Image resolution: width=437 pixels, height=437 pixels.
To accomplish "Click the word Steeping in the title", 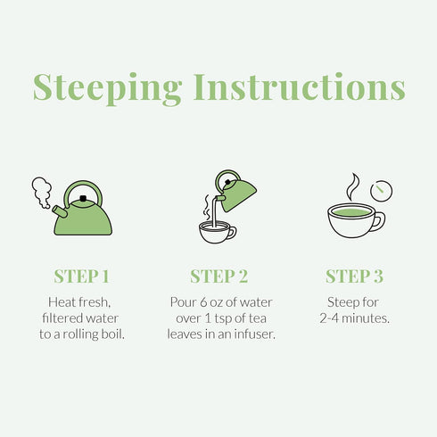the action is point(107,88).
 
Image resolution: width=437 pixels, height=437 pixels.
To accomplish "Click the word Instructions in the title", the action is point(300,87).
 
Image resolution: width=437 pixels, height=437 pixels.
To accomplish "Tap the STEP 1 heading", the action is point(81,276).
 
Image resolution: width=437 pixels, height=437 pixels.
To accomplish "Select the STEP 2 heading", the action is point(218,276).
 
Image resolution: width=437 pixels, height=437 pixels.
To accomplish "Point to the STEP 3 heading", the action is point(354,276).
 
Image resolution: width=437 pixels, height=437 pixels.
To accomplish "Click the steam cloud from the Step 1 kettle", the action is point(42,192).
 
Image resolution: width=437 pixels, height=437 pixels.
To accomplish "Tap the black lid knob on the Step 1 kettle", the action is point(83,198).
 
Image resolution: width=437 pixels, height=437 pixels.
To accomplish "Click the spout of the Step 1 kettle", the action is point(60,210).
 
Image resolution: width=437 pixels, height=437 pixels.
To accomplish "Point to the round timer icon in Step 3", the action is point(381,191).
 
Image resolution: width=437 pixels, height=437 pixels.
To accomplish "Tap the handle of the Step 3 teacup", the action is point(379,221).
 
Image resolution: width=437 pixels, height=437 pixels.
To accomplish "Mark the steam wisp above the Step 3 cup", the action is point(352,186).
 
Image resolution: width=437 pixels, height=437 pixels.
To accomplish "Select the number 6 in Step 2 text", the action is point(203,302).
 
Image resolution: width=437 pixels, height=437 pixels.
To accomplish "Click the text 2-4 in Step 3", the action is point(329,318).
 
